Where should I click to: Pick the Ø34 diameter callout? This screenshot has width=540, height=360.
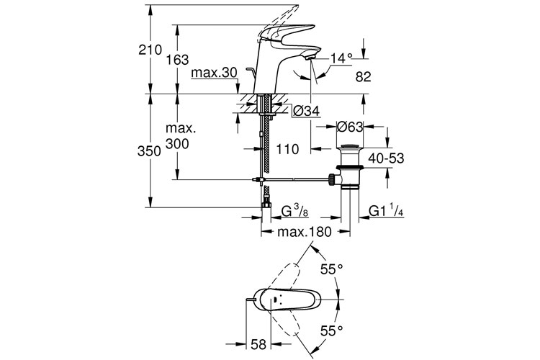[306, 111]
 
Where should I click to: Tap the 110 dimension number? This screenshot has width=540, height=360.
[287, 150]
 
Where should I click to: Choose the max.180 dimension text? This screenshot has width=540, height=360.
[303, 232]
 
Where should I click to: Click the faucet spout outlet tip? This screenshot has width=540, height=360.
[310, 55]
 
